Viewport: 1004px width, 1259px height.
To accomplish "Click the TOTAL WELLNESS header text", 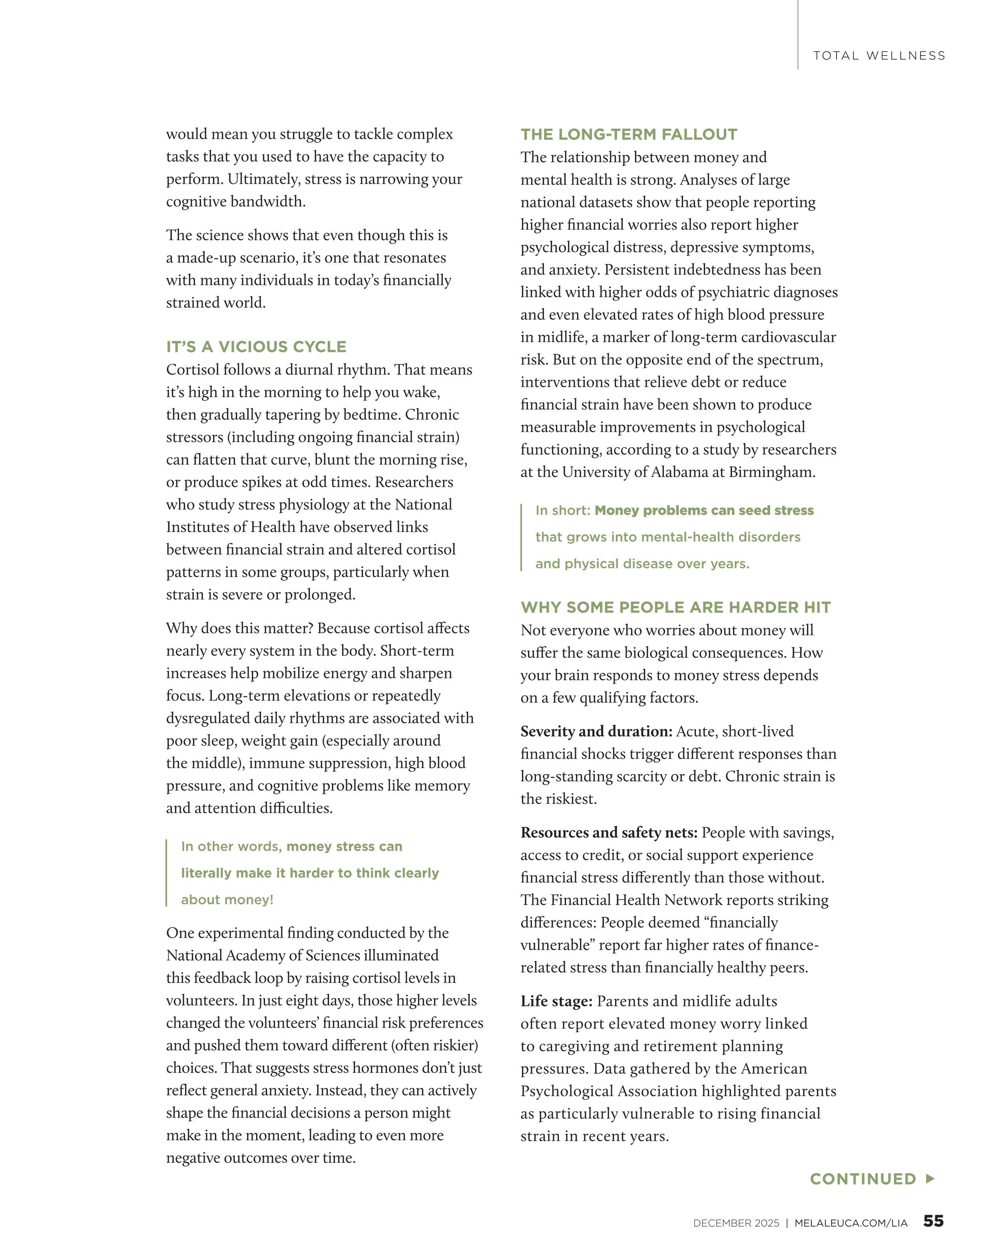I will point(879,56).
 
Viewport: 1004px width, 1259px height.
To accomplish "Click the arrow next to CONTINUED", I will point(930,1178).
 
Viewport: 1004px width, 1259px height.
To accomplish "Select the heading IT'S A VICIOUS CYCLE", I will point(256,347).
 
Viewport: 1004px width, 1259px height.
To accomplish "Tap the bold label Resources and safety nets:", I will point(609,832).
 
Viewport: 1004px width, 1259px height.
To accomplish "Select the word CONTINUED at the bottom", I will point(863,1179).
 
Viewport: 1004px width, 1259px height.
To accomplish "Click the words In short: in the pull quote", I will point(562,510).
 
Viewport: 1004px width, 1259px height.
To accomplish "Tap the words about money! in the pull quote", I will point(227,899).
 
